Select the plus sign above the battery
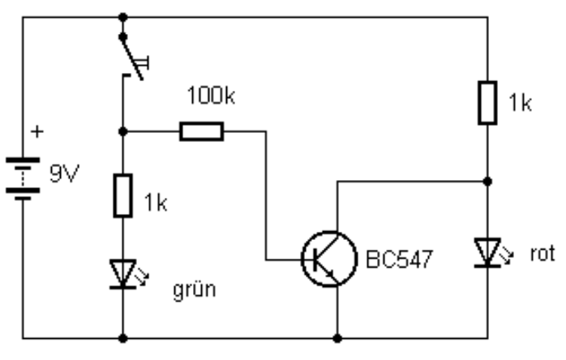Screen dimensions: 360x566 36,130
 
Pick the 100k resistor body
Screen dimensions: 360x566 201,131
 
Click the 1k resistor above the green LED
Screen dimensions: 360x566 122,195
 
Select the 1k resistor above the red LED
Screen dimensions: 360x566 487,101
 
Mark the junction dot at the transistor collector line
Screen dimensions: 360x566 487,181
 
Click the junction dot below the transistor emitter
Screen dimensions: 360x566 337,336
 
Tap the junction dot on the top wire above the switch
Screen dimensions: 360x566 122,15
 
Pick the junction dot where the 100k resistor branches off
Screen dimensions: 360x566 122,131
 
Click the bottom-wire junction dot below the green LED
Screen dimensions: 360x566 122,336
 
